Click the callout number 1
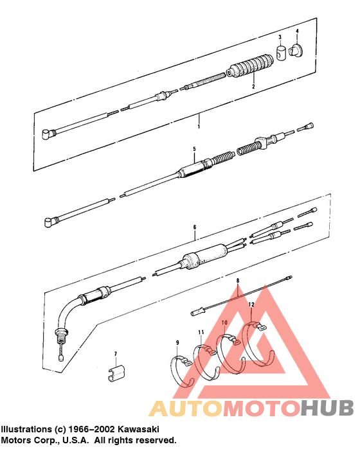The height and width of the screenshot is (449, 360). click(199, 126)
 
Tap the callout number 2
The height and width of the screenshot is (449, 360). click(253, 85)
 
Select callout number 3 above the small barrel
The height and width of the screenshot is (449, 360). click(280, 39)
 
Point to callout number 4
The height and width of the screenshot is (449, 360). click(297, 31)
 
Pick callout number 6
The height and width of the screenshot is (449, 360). click(194, 227)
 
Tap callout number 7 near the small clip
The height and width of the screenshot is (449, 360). click(116, 354)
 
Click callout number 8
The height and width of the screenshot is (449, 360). click(237, 281)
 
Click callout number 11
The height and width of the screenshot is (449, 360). click(201, 331)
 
